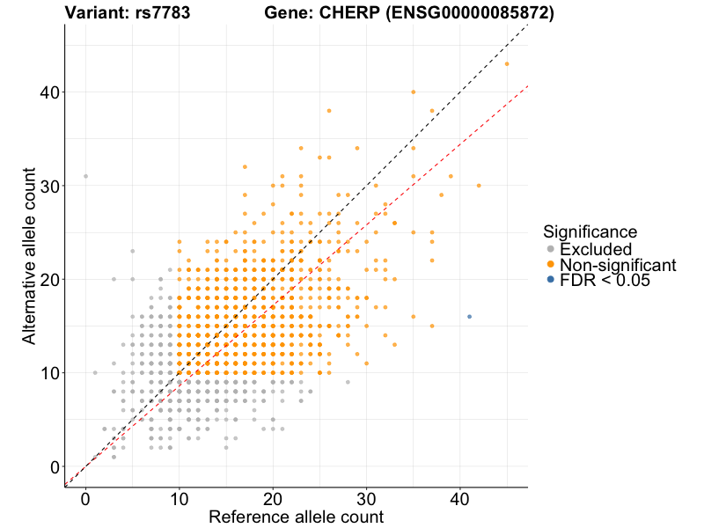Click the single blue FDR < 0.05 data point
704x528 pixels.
coord(469,317)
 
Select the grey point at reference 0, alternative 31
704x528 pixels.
coord(85,176)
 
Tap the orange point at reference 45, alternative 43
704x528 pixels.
coord(507,63)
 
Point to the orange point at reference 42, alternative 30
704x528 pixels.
coord(479,186)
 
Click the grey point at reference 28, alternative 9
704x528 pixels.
coord(348,382)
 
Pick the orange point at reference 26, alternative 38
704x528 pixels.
coord(329,111)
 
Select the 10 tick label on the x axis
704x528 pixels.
coord(179,498)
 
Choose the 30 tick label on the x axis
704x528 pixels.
coord(366,498)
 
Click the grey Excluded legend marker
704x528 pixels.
coord(550,250)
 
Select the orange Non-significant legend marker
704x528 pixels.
coord(550,265)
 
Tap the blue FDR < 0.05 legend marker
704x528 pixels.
coord(550,280)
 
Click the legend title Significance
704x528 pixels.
coord(590,232)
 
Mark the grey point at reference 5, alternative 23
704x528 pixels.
coord(132,251)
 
